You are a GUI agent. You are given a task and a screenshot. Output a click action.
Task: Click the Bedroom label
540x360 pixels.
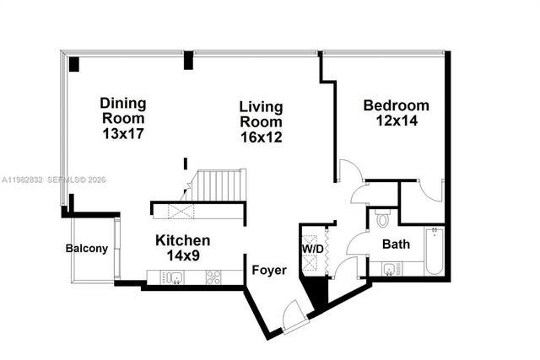click(396, 105)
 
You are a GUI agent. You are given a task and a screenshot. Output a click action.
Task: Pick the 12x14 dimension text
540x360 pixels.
click(396, 121)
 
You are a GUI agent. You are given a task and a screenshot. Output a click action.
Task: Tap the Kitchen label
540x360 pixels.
click(182, 240)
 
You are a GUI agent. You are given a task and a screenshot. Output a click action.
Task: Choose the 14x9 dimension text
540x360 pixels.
click(182, 255)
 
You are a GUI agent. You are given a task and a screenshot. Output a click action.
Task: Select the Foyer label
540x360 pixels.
click(269, 271)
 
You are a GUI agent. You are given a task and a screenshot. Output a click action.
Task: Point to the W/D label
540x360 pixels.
click(312, 249)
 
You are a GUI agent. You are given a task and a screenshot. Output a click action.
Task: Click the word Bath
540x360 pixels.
click(396, 244)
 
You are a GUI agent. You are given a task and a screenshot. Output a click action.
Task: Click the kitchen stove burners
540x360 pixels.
click(212, 277)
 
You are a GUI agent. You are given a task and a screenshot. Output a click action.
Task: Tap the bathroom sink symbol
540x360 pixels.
click(389, 270)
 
